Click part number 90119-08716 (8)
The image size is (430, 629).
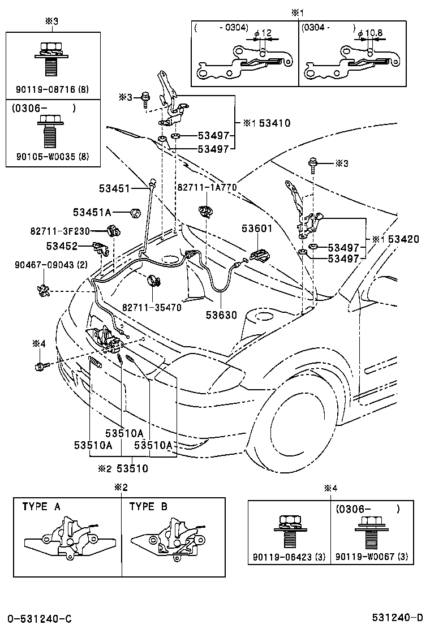[53, 89]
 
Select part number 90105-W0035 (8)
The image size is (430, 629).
[53, 157]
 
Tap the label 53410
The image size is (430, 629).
[275, 123]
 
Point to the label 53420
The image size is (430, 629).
[403, 239]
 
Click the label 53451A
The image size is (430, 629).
[92, 212]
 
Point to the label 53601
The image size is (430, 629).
[257, 229]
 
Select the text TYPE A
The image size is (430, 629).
[41, 506]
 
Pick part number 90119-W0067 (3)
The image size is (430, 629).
[372, 557]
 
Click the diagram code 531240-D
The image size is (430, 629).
[397, 617]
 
